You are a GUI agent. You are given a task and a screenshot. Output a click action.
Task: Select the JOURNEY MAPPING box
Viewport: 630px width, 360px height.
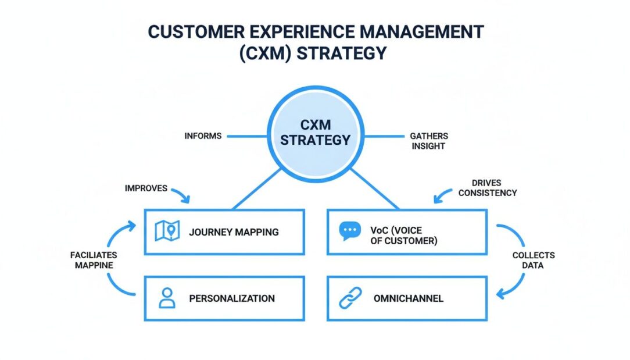(x=224, y=231)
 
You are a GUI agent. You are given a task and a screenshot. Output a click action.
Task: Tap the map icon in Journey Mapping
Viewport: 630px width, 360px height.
(x=167, y=231)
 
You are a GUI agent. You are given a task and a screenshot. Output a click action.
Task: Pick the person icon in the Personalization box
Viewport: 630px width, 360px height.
(x=167, y=298)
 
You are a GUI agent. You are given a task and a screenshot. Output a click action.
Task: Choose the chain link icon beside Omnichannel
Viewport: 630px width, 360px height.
(x=350, y=298)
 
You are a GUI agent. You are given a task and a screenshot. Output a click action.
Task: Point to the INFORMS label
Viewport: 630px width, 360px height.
(x=203, y=136)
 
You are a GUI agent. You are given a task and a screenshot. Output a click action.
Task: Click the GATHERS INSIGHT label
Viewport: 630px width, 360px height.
(x=429, y=141)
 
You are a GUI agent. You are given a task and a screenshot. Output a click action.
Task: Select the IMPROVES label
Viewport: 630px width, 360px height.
(x=146, y=188)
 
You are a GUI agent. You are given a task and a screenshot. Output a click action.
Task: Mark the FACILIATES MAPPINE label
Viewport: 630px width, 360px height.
(x=93, y=260)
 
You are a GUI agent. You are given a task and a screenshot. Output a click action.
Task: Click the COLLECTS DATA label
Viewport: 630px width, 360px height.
(x=533, y=260)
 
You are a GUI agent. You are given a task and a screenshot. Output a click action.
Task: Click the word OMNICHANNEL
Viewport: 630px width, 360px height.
(x=408, y=298)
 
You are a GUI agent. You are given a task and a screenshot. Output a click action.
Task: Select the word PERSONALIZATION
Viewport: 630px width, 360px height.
(x=232, y=298)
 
